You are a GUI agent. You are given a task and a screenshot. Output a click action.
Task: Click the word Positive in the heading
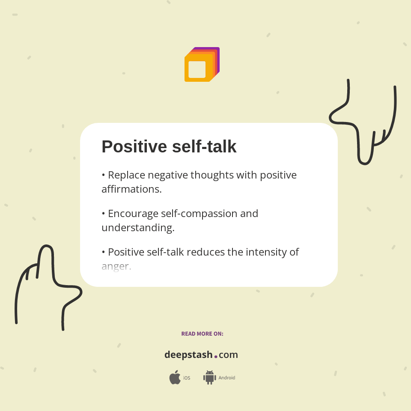134,147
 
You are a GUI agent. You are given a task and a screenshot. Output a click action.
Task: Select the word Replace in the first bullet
127,175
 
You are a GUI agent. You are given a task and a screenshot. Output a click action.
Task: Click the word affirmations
131,189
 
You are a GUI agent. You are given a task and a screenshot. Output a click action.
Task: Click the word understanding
138,227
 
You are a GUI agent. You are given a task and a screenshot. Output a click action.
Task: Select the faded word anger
116,266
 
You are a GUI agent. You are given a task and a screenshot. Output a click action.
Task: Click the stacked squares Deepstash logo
202,65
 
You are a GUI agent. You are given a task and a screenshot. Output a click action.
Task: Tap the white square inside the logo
197,69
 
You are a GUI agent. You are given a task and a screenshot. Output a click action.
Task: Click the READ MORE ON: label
202,334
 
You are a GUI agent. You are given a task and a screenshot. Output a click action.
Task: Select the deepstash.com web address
201,355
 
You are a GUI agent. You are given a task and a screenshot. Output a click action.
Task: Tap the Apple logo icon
175,378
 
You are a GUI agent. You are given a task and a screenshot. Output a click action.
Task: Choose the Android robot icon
209,378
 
